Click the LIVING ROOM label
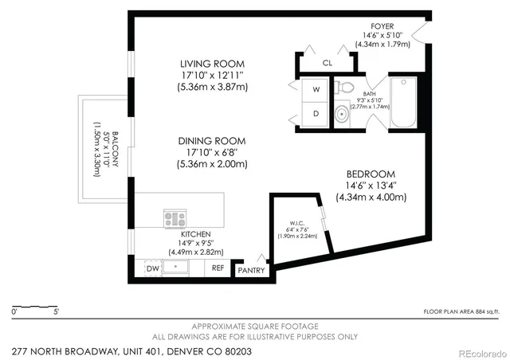click(x=212, y=64)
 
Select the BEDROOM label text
click(x=371, y=174)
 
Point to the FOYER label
click(x=382, y=25)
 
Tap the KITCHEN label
click(x=195, y=234)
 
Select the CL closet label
click(x=328, y=63)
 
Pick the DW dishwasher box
click(x=152, y=269)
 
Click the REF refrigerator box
click(x=218, y=269)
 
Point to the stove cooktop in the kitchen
click(x=175, y=217)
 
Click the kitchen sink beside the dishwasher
click(x=176, y=268)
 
